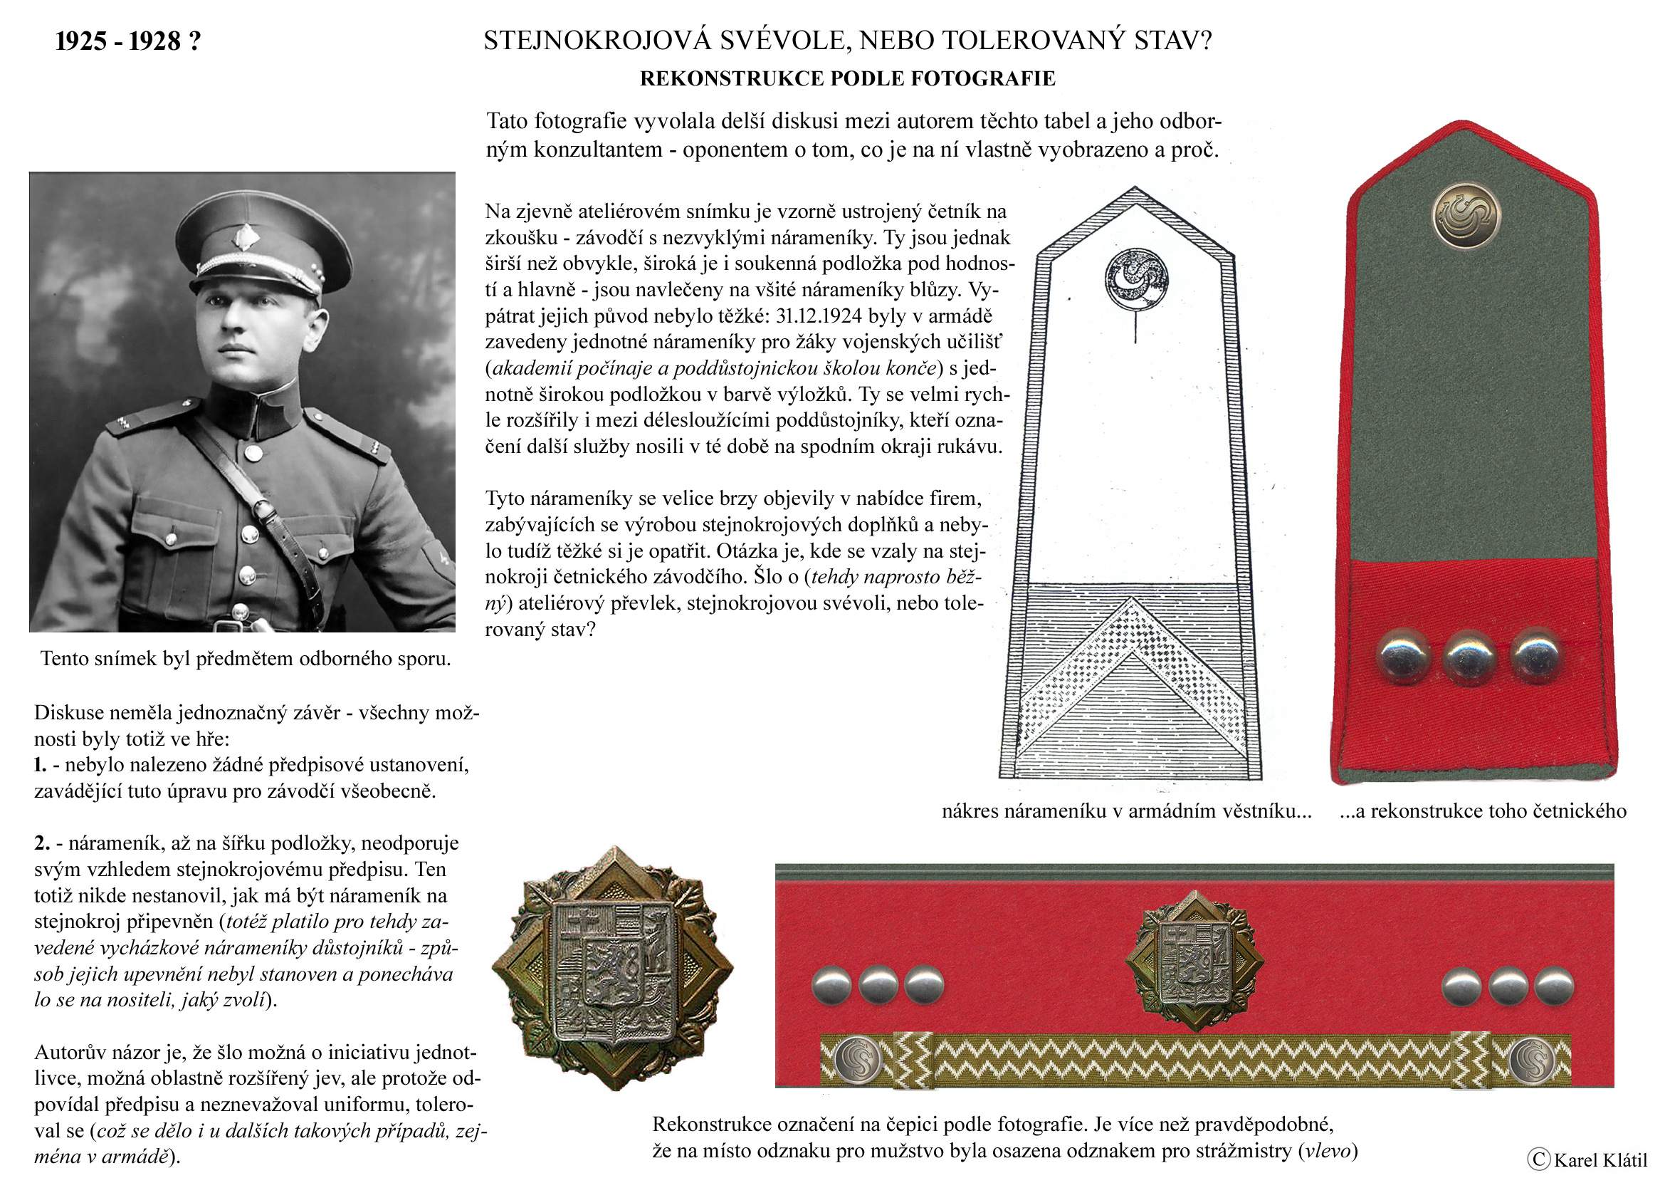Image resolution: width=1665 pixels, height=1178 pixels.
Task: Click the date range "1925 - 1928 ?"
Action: (x=127, y=41)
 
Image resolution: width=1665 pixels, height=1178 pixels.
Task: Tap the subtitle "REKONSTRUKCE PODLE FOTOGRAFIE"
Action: (x=847, y=79)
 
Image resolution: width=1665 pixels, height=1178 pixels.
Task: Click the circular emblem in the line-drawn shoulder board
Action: (x=1137, y=279)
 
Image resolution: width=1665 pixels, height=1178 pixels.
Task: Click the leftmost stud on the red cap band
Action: (x=831, y=985)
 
